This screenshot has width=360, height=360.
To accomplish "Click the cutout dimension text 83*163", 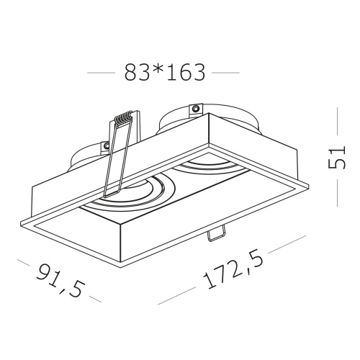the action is [x=165, y=72].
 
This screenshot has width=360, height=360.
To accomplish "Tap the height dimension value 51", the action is [x=336, y=157].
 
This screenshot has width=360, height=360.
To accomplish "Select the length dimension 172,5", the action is [x=233, y=269].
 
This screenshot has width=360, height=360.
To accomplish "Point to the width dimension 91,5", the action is [x=61, y=280].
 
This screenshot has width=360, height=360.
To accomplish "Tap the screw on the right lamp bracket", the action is [x=196, y=109].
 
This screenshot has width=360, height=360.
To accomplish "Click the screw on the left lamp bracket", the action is [x=105, y=145].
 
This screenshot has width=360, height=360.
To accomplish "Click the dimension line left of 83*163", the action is [x=101, y=73].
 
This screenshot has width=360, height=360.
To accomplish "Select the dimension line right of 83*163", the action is [x=225, y=73].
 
